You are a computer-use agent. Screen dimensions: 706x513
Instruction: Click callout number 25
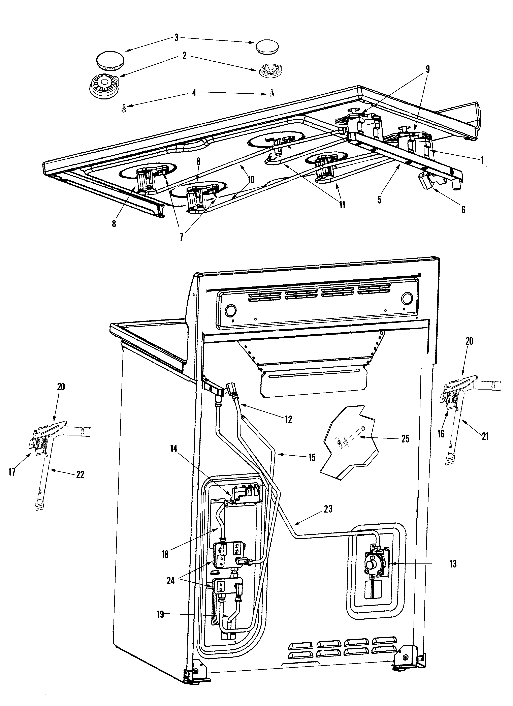(405, 439)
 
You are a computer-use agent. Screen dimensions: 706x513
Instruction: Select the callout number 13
(453, 564)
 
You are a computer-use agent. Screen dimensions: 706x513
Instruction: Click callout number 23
(328, 509)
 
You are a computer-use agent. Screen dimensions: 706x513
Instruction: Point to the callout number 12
(288, 419)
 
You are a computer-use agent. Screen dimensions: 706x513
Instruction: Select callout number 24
(171, 581)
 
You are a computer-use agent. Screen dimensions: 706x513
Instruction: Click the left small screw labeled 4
(123, 110)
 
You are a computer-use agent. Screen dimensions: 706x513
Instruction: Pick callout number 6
(463, 210)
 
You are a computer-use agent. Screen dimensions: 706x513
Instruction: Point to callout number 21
(485, 437)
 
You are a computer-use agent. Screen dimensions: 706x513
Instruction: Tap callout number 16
(441, 434)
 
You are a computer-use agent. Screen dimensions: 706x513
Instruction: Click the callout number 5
(379, 199)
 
